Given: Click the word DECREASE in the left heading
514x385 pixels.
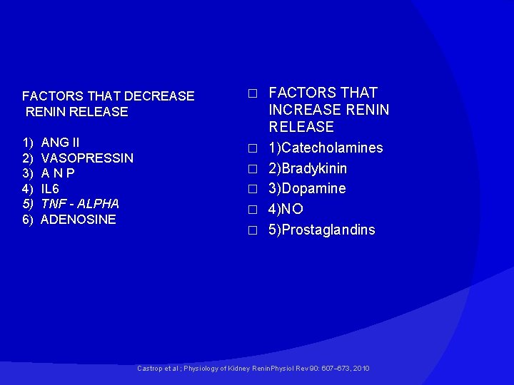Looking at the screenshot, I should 159,96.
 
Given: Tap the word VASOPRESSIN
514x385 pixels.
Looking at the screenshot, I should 87,158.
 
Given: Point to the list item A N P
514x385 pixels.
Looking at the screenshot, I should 58,173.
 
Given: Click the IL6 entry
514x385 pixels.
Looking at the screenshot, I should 50,189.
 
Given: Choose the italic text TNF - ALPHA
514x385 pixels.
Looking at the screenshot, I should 80,204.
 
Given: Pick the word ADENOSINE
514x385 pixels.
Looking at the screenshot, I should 79,220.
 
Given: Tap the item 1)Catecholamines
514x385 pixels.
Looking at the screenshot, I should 326,148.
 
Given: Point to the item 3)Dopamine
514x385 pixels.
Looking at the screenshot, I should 307,188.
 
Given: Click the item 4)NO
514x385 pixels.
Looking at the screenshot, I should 286,209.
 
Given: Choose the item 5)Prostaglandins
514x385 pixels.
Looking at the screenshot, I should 321,230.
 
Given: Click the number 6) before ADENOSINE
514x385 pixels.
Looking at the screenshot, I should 28,220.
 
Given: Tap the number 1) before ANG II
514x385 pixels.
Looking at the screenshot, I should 28,143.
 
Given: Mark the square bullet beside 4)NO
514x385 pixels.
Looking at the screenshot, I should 251,210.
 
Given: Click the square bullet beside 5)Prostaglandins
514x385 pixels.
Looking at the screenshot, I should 251,230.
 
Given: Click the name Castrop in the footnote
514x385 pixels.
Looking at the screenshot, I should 149,368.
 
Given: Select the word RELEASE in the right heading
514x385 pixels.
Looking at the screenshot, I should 301,127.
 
